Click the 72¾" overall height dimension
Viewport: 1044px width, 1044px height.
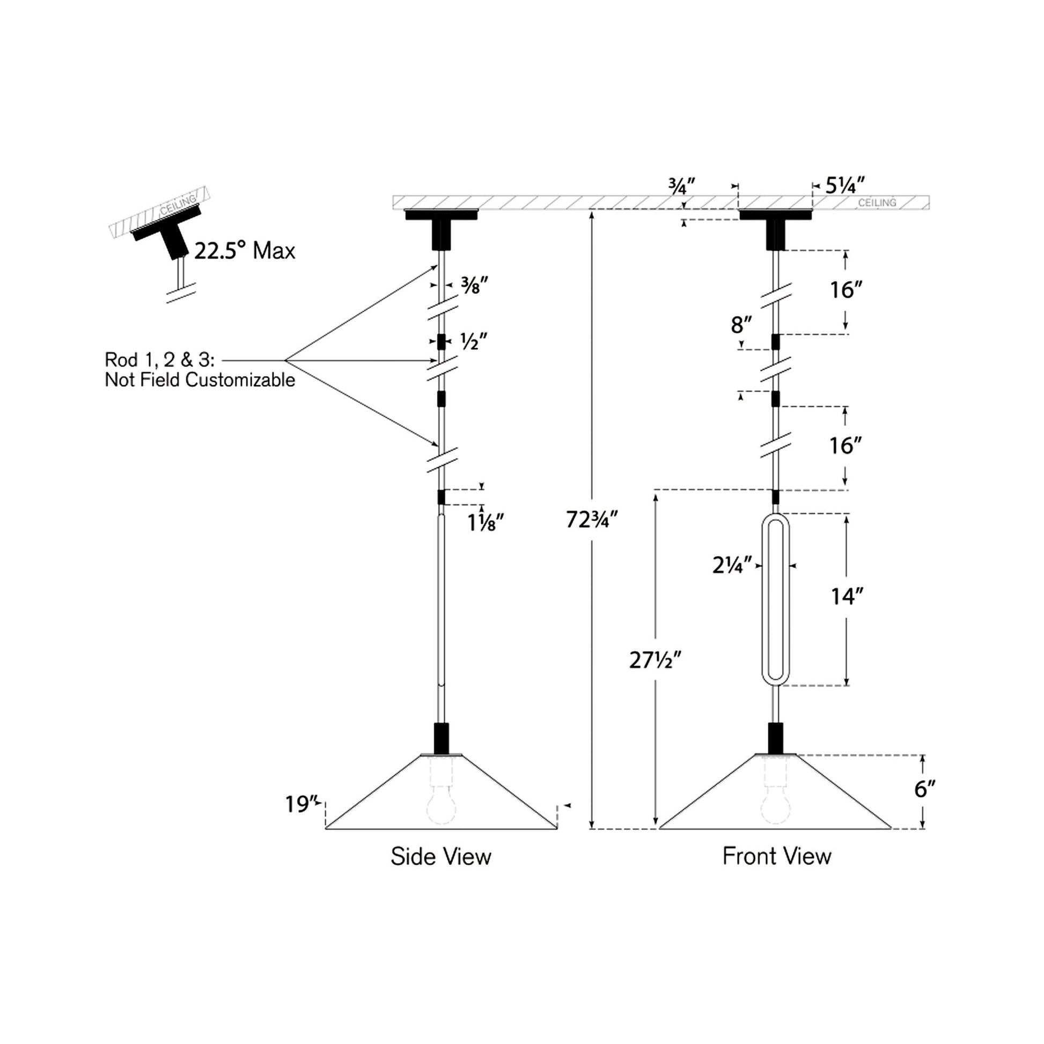point(591,520)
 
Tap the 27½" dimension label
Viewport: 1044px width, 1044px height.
point(655,660)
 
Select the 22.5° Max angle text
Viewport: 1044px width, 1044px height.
point(245,251)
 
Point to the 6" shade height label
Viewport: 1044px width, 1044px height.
point(924,790)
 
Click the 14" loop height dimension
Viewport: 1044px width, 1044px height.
point(847,597)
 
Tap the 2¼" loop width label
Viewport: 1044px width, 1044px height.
point(732,566)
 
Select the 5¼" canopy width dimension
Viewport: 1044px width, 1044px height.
point(844,185)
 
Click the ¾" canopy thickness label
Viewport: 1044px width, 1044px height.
point(680,187)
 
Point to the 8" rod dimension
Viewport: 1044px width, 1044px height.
point(741,325)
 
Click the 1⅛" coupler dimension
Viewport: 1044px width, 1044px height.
point(486,523)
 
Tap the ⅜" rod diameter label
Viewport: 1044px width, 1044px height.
point(474,285)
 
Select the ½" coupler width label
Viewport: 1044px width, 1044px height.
point(473,342)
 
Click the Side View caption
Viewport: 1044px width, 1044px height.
point(441,856)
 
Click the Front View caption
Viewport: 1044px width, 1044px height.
point(776,856)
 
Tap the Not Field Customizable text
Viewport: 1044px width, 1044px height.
point(200,380)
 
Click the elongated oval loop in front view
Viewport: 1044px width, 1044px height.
point(775,599)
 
